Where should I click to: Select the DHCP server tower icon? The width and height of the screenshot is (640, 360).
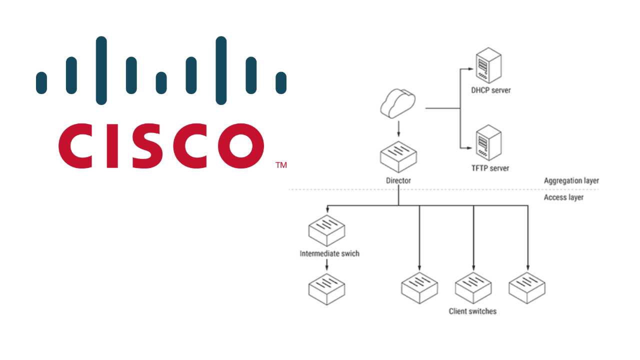(x=488, y=65)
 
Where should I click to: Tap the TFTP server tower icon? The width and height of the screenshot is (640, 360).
(x=488, y=142)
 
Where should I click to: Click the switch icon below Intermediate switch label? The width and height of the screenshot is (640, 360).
(x=327, y=288)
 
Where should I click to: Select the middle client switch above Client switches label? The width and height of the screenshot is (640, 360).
(x=473, y=288)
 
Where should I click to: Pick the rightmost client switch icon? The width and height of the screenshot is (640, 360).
(x=527, y=288)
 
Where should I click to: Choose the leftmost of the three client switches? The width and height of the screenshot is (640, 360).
(x=419, y=288)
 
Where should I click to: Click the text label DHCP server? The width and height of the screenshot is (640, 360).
(x=490, y=90)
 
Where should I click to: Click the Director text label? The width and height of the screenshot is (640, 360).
(x=398, y=180)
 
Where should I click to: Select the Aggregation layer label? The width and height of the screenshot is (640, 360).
(x=571, y=180)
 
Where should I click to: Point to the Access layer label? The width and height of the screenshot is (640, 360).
(x=563, y=197)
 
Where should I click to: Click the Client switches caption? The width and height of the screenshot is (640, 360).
(x=472, y=311)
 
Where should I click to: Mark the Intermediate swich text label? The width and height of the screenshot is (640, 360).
(x=329, y=253)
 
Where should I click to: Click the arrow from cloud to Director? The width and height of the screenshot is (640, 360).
(x=398, y=128)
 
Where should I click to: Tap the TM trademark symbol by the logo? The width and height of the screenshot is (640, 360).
(x=281, y=165)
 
